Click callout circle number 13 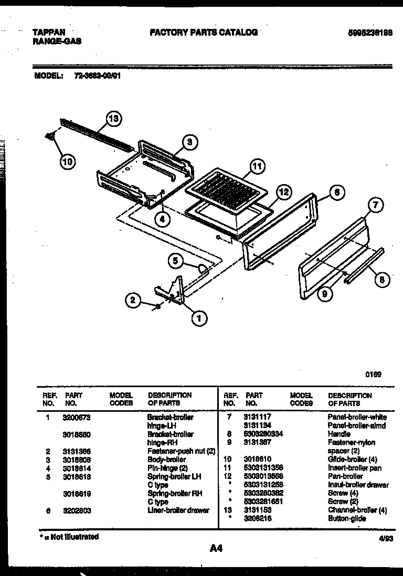tap(113, 119)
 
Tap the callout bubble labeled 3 tap(190, 141)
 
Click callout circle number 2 tap(133, 300)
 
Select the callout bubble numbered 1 tap(198, 317)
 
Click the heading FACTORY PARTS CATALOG tap(204, 32)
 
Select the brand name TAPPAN tap(49, 32)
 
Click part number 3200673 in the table tap(76, 417)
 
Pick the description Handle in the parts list tap(339, 434)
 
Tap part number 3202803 tap(76, 510)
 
